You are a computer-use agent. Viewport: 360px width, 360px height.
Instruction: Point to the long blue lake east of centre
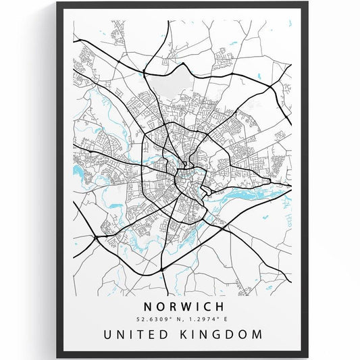pos(240,192)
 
